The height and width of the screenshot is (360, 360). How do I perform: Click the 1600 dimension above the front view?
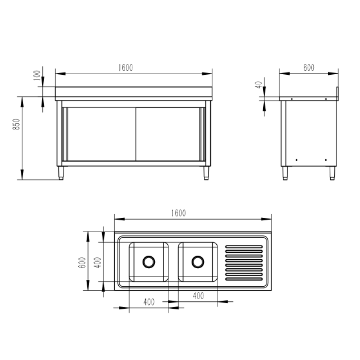tap(126, 68)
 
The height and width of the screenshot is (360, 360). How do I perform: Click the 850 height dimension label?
tap(16, 124)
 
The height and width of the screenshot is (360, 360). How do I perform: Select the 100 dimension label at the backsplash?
tap(37, 76)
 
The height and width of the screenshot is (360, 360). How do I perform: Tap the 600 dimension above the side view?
tap(309, 68)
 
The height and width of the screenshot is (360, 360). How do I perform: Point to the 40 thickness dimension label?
tap(258, 85)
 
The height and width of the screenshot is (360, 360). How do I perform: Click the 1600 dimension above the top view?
tap(179, 213)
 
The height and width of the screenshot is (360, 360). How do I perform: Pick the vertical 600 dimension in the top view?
tap(82, 263)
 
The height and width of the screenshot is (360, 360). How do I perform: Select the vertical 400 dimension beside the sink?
tap(98, 263)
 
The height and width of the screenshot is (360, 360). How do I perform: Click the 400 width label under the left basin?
tap(149, 302)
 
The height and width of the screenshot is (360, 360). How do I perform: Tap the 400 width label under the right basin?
tap(198, 296)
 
